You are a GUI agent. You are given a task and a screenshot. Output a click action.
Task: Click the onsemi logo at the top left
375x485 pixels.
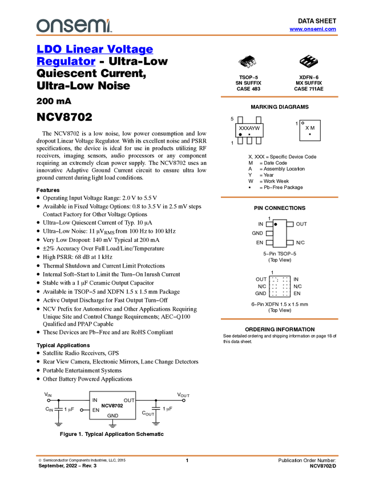(74, 25)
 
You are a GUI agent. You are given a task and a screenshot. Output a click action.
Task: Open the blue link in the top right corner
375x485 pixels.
(313, 29)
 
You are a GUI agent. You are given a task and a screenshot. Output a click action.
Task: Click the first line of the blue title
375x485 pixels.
(95, 50)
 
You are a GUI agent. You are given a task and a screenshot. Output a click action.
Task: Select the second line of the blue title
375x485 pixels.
(66, 62)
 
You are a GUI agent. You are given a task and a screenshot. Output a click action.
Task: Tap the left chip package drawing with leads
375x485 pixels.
(247, 62)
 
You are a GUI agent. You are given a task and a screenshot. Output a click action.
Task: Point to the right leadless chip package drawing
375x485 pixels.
(308, 60)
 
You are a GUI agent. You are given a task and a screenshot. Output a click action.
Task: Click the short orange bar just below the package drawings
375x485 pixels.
(279, 97)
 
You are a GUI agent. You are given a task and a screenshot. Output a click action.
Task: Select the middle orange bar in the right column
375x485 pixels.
(279, 197)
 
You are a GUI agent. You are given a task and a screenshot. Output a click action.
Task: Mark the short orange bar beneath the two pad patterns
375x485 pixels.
(279, 319)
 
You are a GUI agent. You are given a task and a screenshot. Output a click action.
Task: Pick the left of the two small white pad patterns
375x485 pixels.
(273, 286)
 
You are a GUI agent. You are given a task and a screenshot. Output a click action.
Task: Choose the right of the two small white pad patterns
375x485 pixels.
(287, 286)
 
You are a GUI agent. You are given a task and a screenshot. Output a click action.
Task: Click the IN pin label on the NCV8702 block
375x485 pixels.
(95, 400)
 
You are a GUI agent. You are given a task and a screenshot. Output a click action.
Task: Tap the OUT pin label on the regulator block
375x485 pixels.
(129, 400)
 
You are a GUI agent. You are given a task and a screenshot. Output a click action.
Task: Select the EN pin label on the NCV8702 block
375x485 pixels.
(95, 410)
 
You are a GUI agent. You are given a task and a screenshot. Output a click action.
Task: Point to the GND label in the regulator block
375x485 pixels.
(113, 416)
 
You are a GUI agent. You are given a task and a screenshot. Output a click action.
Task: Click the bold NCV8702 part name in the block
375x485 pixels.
(112, 406)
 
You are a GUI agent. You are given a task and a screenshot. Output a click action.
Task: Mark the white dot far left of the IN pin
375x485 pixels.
(49, 400)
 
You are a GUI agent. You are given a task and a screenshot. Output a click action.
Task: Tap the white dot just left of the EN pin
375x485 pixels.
(82, 410)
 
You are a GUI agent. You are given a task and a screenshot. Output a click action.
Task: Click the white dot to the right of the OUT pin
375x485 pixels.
(184, 400)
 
